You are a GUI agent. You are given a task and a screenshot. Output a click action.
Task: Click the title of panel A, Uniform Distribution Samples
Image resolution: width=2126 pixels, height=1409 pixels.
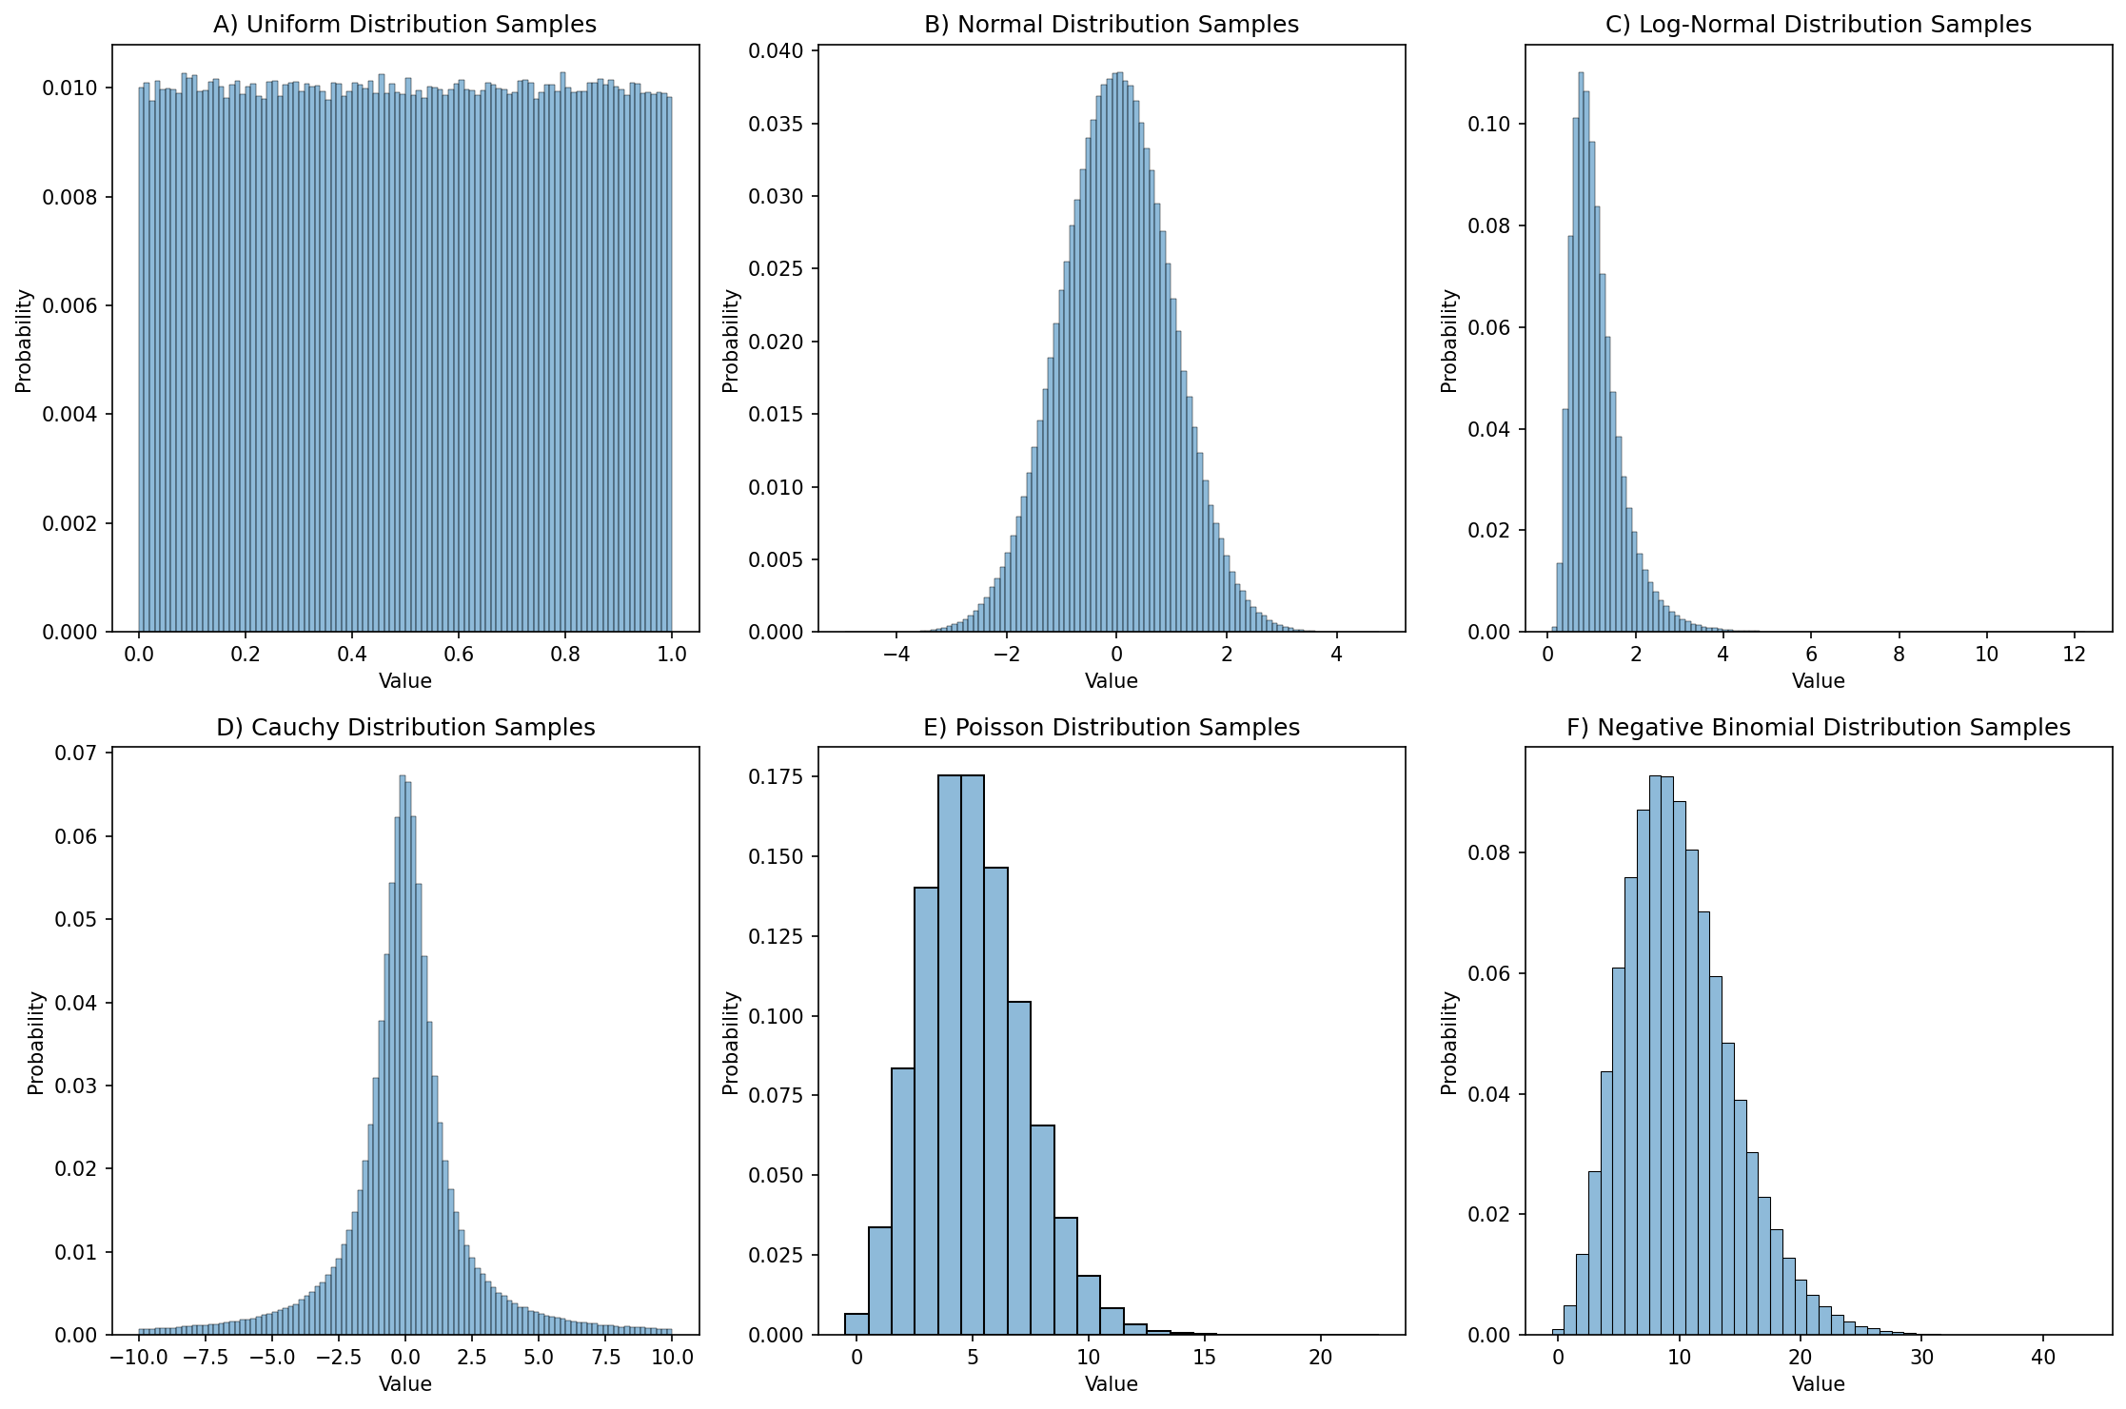click(404, 24)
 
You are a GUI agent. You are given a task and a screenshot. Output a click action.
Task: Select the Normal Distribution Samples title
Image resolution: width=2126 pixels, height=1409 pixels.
click(1111, 24)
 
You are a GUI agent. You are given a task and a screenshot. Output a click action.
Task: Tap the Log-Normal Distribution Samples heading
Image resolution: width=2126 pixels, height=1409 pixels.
click(1818, 24)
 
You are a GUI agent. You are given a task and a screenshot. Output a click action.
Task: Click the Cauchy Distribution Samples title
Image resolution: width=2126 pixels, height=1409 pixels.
click(405, 728)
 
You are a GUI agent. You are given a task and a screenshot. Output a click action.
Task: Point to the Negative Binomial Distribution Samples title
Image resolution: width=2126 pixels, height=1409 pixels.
click(1818, 728)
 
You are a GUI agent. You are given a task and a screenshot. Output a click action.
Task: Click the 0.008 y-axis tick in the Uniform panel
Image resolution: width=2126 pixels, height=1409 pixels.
click(69, 198)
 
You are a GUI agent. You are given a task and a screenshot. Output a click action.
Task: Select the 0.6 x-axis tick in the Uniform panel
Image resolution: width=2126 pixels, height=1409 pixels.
click(459, 655)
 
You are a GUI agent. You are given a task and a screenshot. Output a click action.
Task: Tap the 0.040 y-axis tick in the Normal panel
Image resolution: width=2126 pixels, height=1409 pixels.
click(776, 50)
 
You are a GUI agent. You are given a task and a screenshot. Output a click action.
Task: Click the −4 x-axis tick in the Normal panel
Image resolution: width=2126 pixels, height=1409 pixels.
click(896, 655)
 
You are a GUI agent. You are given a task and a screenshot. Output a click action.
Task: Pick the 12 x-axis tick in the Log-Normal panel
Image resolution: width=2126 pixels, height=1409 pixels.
click(2074, 655)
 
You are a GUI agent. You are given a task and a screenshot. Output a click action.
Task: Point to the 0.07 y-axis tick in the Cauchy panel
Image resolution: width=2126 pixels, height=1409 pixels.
click(76, 753)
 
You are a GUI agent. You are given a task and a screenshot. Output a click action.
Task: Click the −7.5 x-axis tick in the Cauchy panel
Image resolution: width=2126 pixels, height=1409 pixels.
click(206, 1358)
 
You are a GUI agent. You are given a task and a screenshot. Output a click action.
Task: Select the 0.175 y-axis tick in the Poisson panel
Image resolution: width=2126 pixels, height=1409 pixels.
click(776, 777)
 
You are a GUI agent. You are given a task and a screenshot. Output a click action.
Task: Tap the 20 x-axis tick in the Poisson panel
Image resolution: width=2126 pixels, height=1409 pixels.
click(1320, 1358)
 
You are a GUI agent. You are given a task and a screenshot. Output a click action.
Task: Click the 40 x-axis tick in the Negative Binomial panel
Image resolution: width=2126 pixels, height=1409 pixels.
click(2043, 1358)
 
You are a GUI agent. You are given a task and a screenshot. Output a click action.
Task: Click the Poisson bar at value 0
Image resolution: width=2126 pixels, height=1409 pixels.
click(856, 1325)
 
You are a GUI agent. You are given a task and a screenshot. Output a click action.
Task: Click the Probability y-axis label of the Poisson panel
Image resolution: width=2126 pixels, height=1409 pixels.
click(731, 1043)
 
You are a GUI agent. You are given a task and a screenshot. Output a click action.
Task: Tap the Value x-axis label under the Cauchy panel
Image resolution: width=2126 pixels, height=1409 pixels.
click(405, 1384)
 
